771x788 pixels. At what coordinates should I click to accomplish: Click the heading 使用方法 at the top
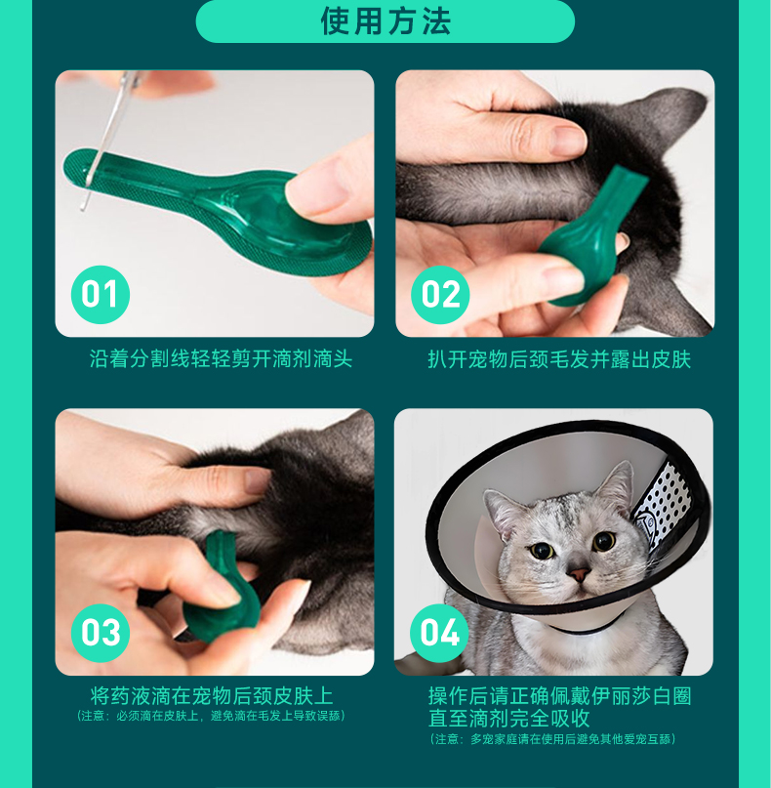coord(385,21)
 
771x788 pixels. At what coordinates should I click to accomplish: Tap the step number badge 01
coord(101,295)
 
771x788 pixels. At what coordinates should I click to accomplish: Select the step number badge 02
coord(440,295)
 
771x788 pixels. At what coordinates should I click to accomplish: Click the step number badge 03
coord(101,633)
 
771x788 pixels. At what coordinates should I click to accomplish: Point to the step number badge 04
coord(439,633)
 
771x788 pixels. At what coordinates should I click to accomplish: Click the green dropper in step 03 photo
coord(221,588)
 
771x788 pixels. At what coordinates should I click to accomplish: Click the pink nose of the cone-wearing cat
coord(579,573)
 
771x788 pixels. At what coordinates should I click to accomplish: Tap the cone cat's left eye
coord(542,551)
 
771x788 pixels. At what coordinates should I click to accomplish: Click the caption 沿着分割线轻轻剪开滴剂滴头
coord(221,358)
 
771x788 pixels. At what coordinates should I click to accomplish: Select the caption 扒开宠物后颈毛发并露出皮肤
coord(559,359)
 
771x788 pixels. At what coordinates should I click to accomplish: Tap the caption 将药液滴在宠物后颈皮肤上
coord(212,696)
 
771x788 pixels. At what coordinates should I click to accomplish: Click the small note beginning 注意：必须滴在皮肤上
coord(211,716)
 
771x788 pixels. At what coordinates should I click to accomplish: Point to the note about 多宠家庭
coord(553,739)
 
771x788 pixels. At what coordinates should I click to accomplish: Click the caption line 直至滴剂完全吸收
coord(508,718)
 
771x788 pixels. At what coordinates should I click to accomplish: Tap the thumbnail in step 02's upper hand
coord(568,140)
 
